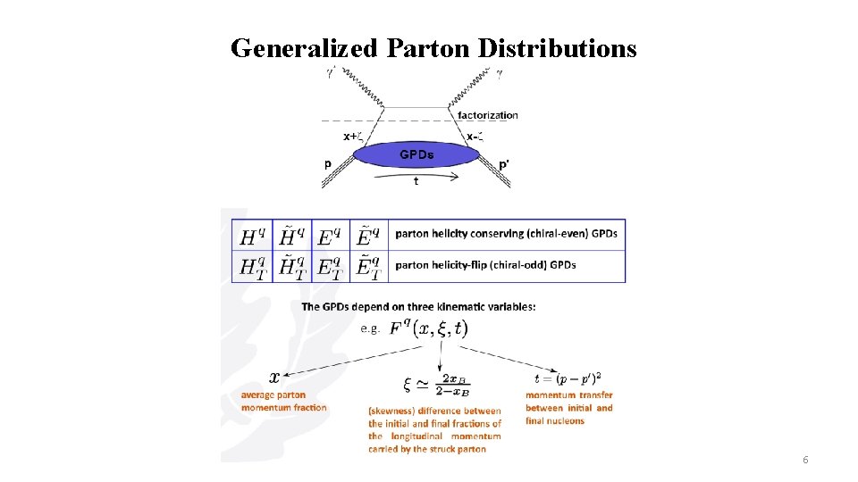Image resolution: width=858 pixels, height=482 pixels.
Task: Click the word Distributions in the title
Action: pyautogui.click(x=557, y=47)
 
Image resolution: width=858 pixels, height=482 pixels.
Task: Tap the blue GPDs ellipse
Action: pyautogui.click(x=416, y=155)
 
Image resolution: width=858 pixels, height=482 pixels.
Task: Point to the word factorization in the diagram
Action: pyautogui.click(x=487, y=115)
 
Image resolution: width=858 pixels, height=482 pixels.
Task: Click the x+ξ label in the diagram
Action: pyautogui.click(x=354, y=137)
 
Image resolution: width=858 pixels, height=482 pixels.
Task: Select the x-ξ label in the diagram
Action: pyautogui.click(x=475, y=137)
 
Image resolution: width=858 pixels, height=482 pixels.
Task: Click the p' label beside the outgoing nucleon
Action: pyautogui.click(x=504, y=164)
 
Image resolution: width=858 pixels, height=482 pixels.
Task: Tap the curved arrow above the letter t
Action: pyautogui.click(x=416, y=175)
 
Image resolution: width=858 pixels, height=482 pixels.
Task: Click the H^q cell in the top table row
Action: pyautogui.click(x=252, y=236)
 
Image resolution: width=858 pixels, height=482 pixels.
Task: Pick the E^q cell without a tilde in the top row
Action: pyautogui.click(x=329, y=236)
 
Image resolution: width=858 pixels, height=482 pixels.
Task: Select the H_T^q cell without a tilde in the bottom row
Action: pyautogui.click(x=252, y=266)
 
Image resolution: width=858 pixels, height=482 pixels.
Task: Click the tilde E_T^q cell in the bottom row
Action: pyautogui.click(x=367, y=266)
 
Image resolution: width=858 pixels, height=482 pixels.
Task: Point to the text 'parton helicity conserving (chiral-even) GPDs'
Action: pyautogui.click(x=506, y=234)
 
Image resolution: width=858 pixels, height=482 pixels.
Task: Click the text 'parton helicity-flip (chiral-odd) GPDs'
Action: pyautogui.click(x=485, y=264)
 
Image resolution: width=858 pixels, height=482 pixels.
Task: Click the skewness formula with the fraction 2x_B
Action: pyautogui.click(x=438, y=385)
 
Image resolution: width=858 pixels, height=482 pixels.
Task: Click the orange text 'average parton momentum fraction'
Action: pyautogui.click(x=283, y=401)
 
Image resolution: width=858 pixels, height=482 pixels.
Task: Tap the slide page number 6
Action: pyautogui.click(x=805, y=460)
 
